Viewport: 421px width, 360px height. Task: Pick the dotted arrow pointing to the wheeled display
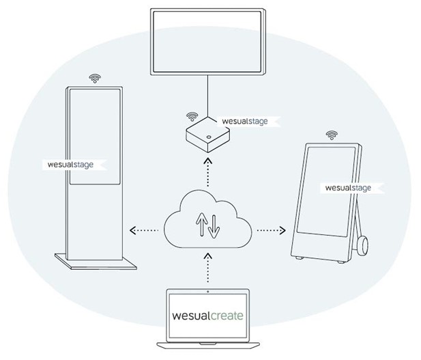point(272,230)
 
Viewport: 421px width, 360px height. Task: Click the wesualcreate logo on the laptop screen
point(207,316)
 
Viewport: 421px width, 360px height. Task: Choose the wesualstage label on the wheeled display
point(348,187)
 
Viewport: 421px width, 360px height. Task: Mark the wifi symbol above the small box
point(192,116)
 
